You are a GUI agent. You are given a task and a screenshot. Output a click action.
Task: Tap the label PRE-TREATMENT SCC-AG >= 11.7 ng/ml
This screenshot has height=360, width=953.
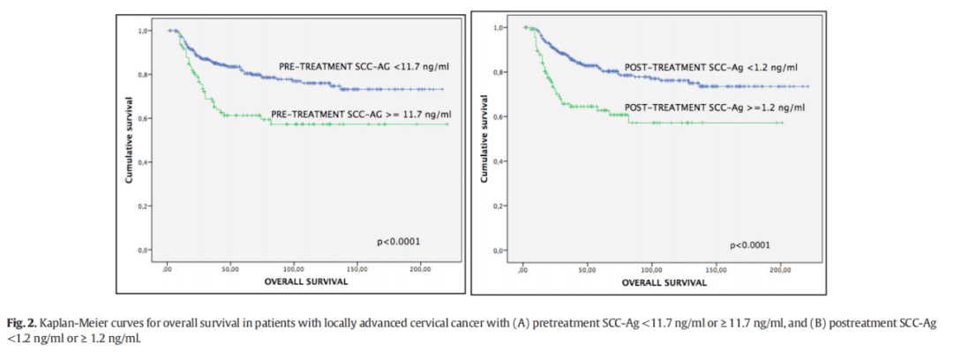click(x=360, y=115)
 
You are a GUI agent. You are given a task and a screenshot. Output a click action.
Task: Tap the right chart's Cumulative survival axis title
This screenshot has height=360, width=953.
click(x=484, y=146)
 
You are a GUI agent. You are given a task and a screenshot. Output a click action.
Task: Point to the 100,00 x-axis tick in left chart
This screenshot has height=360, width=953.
click(x=295, y=268)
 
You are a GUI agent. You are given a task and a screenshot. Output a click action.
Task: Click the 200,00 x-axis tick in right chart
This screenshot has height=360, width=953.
click(x=780, y=270)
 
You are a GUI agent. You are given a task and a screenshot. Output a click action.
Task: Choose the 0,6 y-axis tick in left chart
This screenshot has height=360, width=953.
click(x=143, y=118)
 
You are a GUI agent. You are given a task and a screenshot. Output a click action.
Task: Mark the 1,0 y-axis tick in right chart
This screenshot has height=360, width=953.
click(x=499, y=27)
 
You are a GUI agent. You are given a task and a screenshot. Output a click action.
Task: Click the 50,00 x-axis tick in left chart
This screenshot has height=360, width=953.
click(x=231, y=268)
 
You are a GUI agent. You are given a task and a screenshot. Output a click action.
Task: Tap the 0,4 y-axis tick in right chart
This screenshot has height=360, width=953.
click(x=499, y=161)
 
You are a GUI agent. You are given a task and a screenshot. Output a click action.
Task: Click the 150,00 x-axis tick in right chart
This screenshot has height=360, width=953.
click(x=716, y=270)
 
